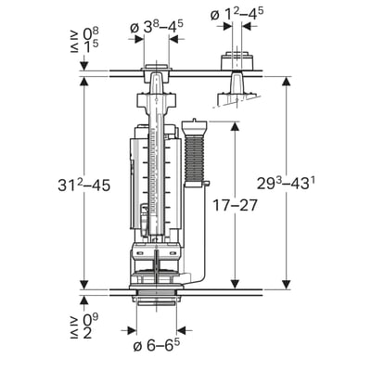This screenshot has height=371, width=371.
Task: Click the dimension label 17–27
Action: (236, 205)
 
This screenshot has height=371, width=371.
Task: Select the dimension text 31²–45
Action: (84, 185)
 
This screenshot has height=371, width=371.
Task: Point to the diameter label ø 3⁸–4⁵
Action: (156, 28)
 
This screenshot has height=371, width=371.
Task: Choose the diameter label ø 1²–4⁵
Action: (237, 14)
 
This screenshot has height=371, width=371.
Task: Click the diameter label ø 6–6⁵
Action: (157, 345)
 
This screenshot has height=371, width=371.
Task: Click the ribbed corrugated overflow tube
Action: (194, 160)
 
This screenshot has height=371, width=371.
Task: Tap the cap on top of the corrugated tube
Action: (194, 127)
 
